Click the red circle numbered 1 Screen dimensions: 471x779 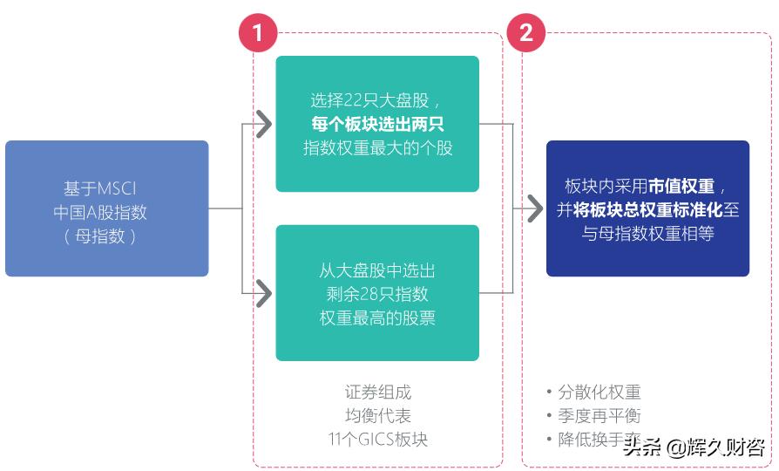click(x=258, y=33)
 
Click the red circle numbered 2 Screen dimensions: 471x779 click(x=526, y=33)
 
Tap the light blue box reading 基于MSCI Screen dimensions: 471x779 click(x=107, y=208)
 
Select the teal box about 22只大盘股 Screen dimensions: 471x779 click(x=377, y=124)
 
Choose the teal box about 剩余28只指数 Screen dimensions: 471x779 click(x=377, y=293)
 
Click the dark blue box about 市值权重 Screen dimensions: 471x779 click(x=647, y=208)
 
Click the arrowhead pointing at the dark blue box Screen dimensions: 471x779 click(x=531, y=208)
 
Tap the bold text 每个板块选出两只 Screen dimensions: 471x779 click(x=377, y=123)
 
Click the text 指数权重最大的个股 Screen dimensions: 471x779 click(x=377, y=147)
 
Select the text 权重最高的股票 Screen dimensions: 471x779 click(x=377, y=317)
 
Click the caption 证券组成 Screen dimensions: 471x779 click(x=377, y=392)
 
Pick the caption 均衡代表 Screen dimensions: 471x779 click(x=377, y=415)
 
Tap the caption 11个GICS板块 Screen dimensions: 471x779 click(x=377, y=439)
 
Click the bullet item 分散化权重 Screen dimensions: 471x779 click(x=599, y=392)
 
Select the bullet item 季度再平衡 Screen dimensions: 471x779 click(x=599, y=416)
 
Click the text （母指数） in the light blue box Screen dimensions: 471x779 click(x=100, y=235)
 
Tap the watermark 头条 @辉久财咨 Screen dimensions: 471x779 click(x=694, y=448)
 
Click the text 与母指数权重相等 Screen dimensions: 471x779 click(x=647, y=234)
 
